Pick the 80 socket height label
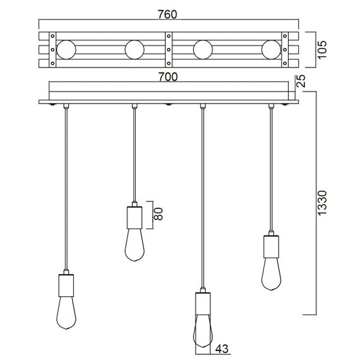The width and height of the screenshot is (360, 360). click(x=159, y=214)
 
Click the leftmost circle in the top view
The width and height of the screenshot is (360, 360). click(x=66, y=49)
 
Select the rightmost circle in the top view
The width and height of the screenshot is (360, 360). click(x=272, y=49)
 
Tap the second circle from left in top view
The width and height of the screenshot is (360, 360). click(x=135, y=49)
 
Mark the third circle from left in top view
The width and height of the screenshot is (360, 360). click(x=203, y=49)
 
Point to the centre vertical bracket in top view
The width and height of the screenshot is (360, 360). click(x=169, y=49)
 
